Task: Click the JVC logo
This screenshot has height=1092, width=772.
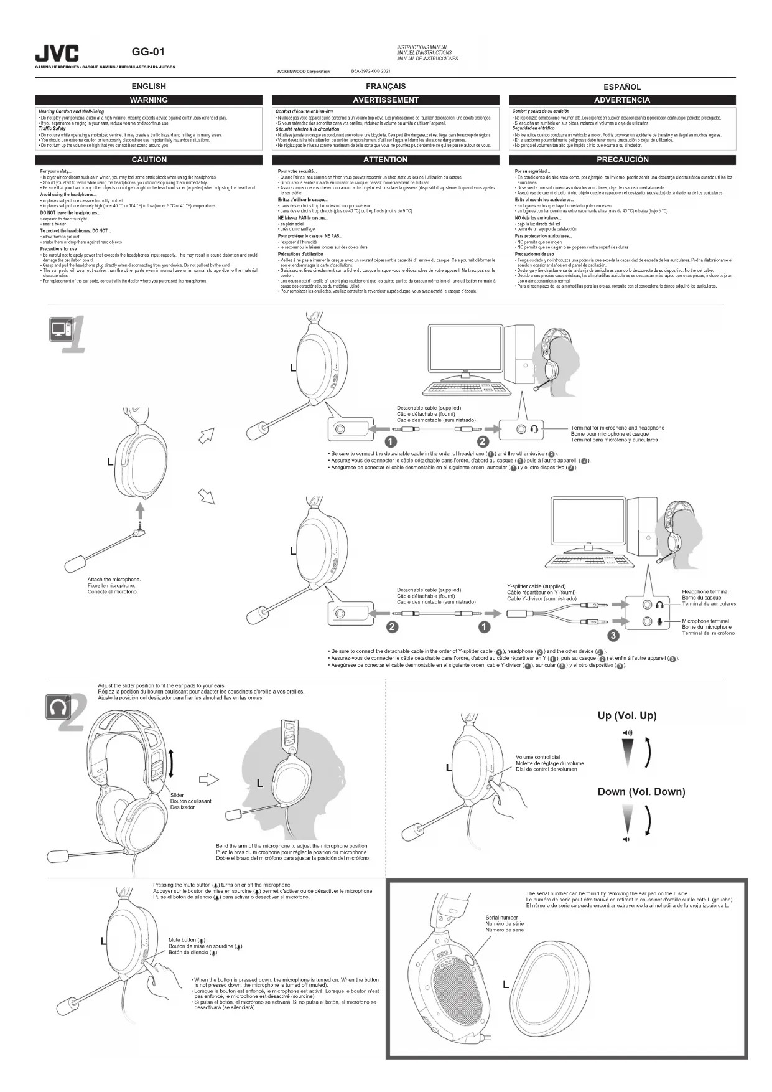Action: click(x=57, y=54)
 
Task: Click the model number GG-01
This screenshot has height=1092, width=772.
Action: click(x=148, y=52)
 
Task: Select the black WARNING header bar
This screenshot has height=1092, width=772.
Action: click(x=149, y=100)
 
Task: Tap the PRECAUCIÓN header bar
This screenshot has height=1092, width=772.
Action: click(x=622, y=160)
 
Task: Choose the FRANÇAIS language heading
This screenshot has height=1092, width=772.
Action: click(x=386, y=87)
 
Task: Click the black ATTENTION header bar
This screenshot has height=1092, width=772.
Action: click(x=386, y=160)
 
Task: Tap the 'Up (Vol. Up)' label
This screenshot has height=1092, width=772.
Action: click(x=626, y=715)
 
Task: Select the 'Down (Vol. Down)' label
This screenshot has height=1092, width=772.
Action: click(x=641, y=792)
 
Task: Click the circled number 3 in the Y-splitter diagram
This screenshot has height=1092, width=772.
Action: click(x=613, y=636)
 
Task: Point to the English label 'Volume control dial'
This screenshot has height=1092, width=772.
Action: click(x=537, y=757)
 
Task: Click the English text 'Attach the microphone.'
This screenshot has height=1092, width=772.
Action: click(x=114, y=580)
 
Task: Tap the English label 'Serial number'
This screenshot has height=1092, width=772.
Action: click(x=501, y=918)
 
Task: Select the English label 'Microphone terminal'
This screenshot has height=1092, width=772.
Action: click(x=705, y=621)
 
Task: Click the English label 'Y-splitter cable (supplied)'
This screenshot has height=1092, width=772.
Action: click(x=536, y=586)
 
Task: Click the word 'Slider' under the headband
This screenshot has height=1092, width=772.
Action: click(x=177, y=795)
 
